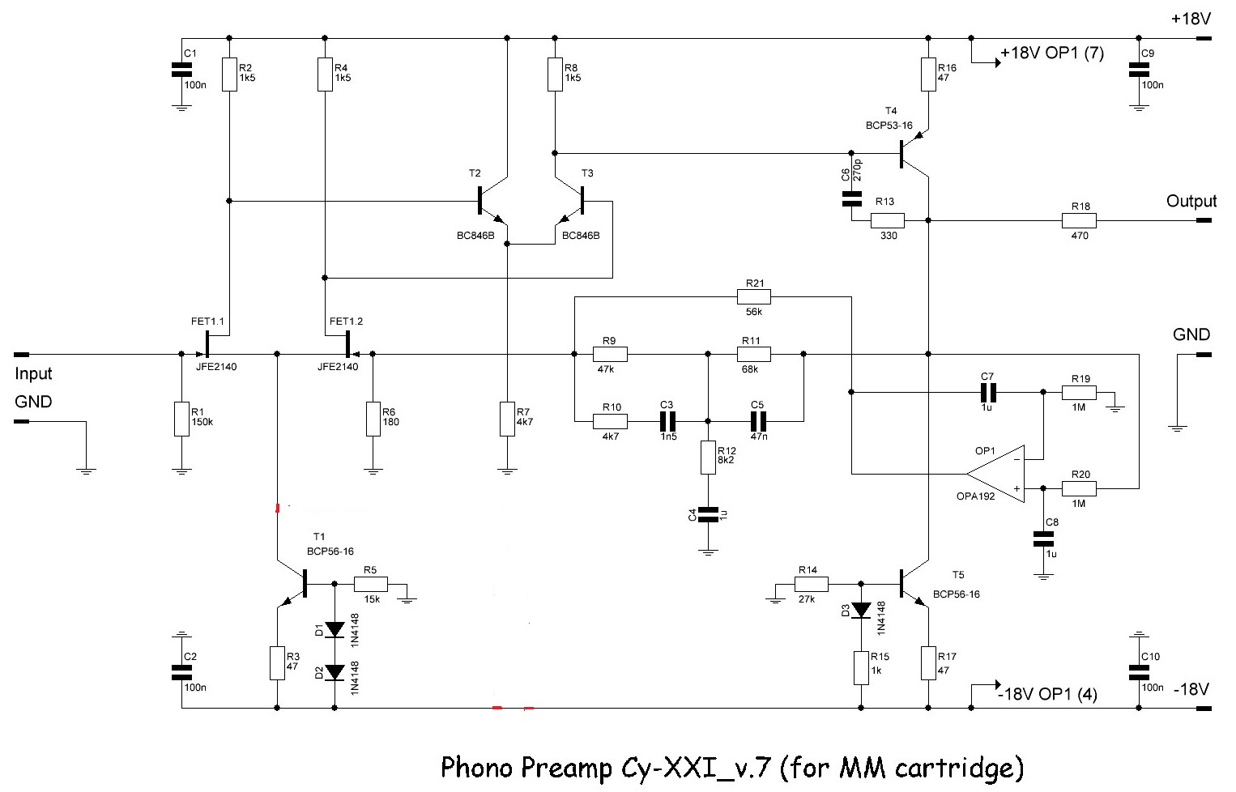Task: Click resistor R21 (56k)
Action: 754,297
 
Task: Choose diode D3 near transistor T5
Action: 860,609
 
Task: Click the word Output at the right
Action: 1191,201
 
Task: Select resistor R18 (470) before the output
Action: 1079,220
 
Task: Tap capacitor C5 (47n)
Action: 757,421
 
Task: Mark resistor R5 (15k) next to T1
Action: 370,585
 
